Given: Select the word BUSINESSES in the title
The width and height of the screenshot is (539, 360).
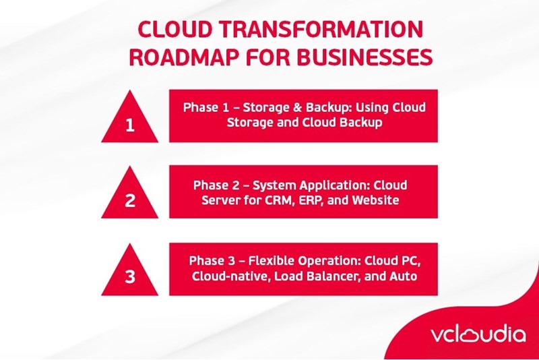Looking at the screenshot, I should point(361,57).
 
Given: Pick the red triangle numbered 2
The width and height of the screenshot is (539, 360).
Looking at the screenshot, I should point(130,196).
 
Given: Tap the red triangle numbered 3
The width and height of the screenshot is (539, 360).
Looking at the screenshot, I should point(130,273).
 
